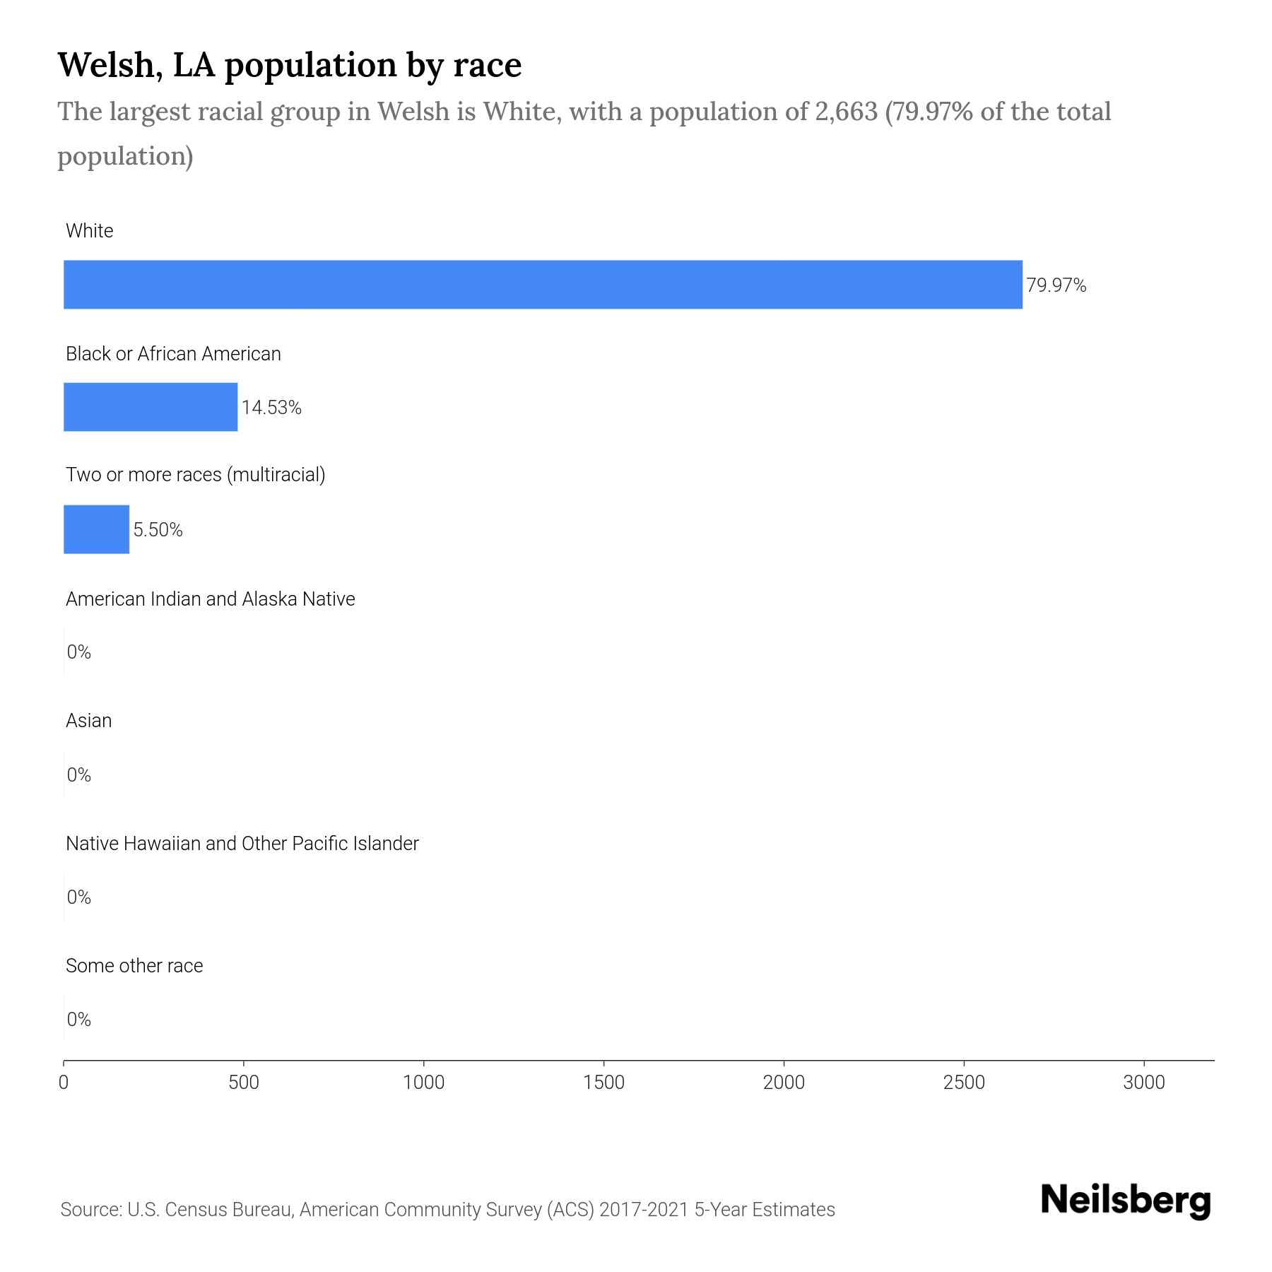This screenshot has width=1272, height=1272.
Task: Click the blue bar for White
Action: point(543,285)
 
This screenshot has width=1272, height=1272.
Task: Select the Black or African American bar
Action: point(151,407)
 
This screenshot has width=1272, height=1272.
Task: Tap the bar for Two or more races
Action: point(96,529)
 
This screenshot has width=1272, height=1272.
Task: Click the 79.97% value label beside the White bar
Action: point(1056,285)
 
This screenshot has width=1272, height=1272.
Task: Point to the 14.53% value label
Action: point(271,408)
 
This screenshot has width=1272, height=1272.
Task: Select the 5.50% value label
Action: point(158,530)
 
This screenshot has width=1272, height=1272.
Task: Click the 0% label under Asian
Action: point(78,775)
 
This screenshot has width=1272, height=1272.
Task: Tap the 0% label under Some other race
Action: point(78,1019)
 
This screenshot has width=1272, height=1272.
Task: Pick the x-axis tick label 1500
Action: point(604,1083)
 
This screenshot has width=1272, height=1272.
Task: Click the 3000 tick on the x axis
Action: point(1143,1083)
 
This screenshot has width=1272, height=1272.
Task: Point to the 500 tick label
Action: point(244,1083)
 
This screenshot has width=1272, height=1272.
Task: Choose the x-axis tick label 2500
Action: point(964,1083)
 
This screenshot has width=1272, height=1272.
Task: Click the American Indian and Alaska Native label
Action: point(210,599)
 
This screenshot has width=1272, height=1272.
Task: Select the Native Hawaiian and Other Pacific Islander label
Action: point(242,844)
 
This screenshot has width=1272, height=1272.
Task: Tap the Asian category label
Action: point(88,721)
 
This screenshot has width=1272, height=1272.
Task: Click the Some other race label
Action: point(134,966)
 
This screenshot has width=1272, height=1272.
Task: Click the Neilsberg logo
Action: point(1126,1201)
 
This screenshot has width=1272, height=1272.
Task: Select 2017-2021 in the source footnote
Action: point(643,1210)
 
